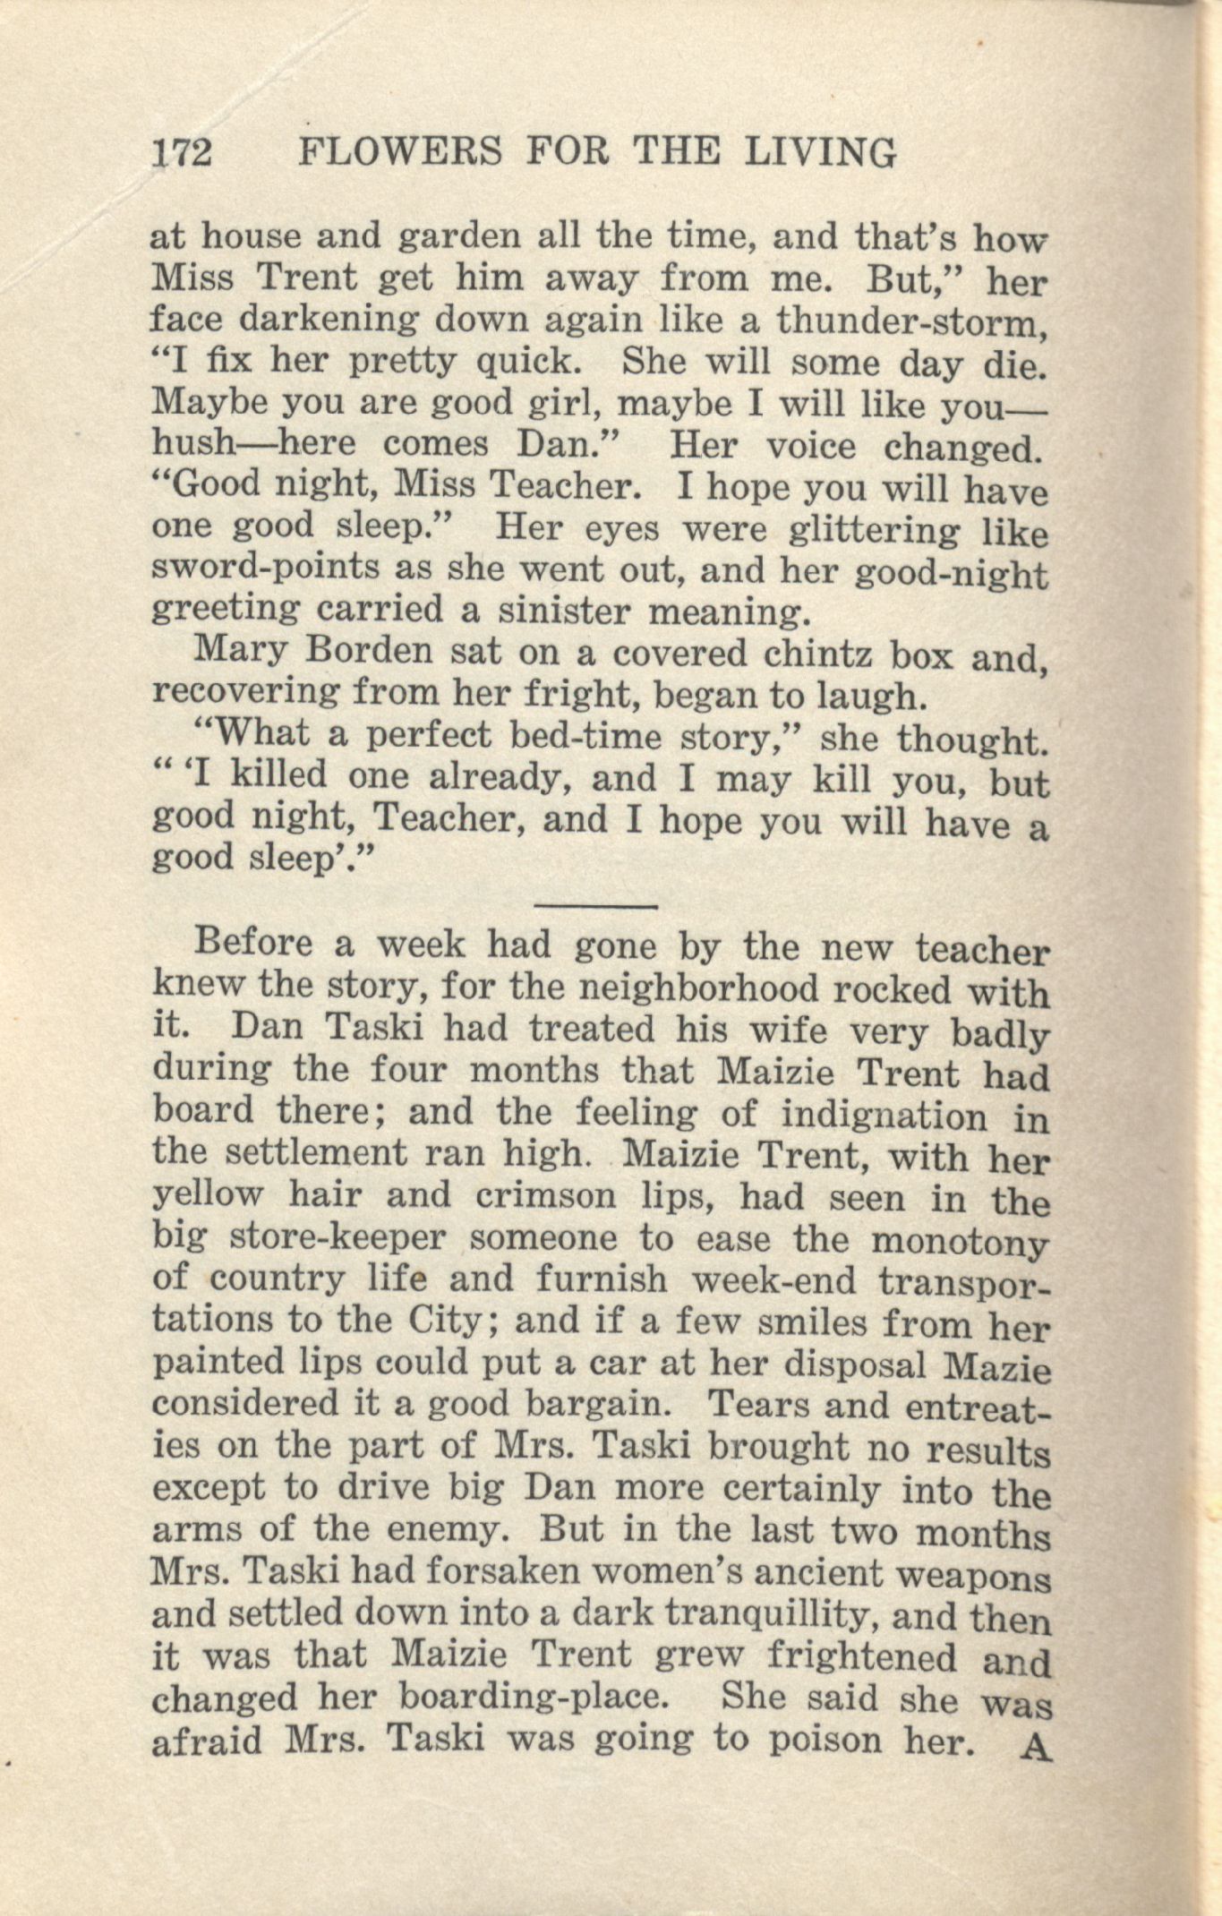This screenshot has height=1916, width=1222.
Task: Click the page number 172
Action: pos(182,152)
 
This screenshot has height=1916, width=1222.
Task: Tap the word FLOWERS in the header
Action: pos(399,152)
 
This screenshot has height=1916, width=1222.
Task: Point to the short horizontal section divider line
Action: pos(596,905)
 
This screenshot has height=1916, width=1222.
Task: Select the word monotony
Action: pos(959,1243)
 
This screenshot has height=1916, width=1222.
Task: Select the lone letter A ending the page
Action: pos(1035,1747)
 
